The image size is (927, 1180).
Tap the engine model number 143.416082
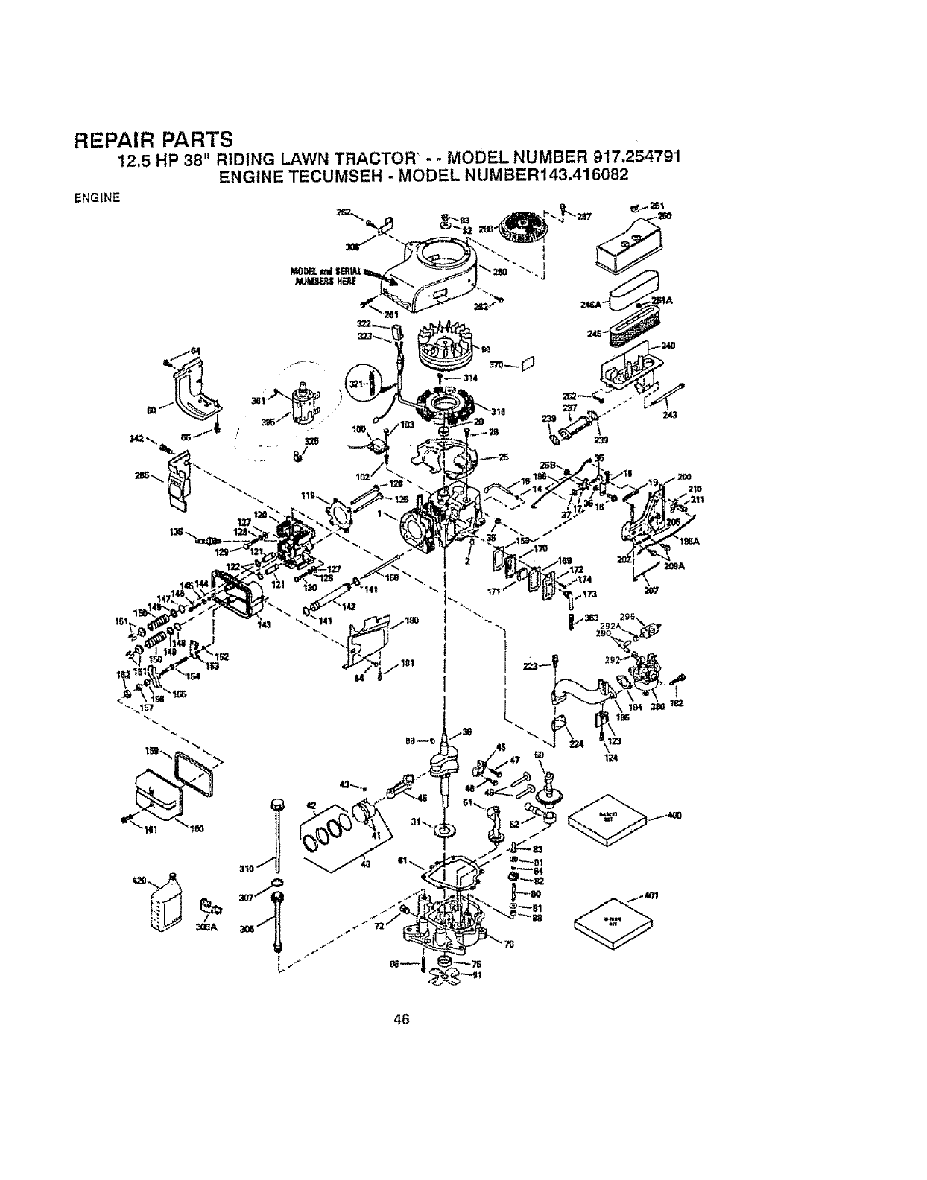pyautogui.click(x=571, y=175)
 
